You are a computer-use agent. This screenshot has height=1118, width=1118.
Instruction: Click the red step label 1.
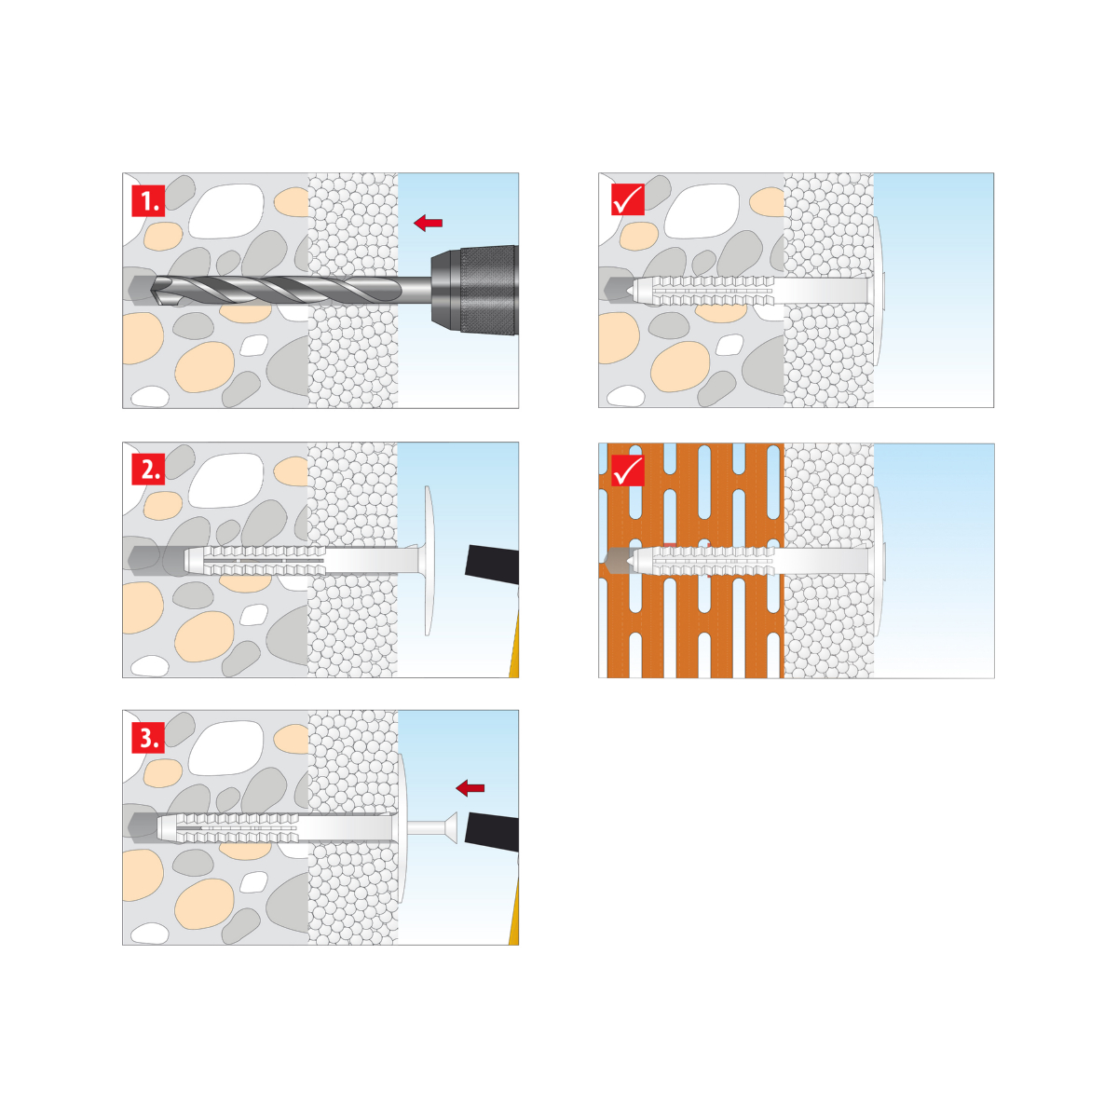pyautogui.click(x=148, y=200)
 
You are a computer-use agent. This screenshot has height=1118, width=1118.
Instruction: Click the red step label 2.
pyautogui.click(x=148, y=469)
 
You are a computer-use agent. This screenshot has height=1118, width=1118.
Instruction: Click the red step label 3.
pyautogui.click(x=148, y=737)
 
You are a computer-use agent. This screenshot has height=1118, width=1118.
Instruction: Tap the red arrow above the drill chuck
pyautogui.click(x=429, y=223)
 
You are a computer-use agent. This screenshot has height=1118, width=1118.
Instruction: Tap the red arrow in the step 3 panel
pyautogui.click(x=470, y=787)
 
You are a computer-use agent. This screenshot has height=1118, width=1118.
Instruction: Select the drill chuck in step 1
pyautogui.click(x=474, y=290)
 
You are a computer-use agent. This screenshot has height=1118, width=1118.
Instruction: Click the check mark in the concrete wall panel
pyautogui.click(x=628, y=199)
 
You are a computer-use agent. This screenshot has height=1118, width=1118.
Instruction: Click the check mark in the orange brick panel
pyautogui.click(x=628, y=470)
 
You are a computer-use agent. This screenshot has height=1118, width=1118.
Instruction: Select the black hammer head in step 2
pyautogui.click(x=492, y=564)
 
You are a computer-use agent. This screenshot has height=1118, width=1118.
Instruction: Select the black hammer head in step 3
pyautogui.click(x=493, y=831)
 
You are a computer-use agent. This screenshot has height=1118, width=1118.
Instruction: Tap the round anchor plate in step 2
pyautogui.click(x=429, y=561)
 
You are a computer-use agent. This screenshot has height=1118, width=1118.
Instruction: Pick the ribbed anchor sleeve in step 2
pyautogui.click(x=255, y=561)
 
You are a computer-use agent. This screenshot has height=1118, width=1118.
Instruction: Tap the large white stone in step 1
pyautogui.click(x=226, y=211)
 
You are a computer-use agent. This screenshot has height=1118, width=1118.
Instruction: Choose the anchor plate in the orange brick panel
pyautogui.click(x=879, y=561)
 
